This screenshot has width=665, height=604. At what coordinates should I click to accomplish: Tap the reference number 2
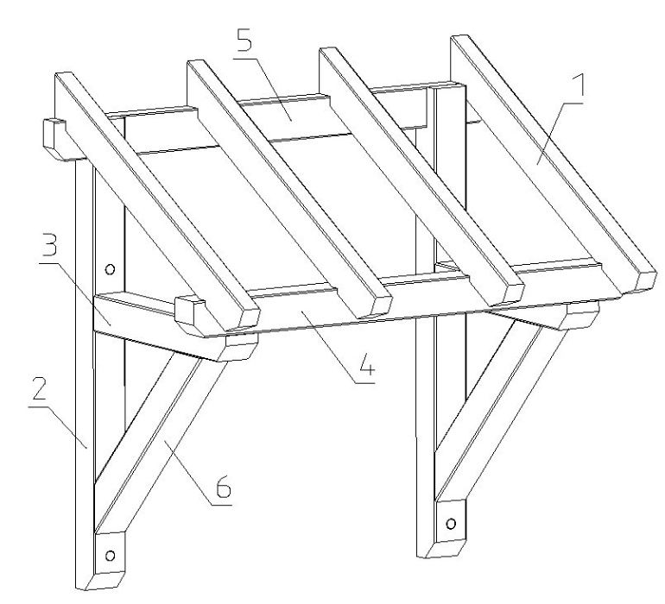tap(39, 388)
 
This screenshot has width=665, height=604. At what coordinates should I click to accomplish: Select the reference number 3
tap(48, 242)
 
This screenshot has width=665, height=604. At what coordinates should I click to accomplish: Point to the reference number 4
tap(366, 363)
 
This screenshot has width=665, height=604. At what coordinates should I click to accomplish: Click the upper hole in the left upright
tap(110, 268)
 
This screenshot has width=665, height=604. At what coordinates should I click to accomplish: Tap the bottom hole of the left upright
tap(110, 556)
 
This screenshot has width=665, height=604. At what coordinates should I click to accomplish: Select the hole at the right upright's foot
tap(451, 524)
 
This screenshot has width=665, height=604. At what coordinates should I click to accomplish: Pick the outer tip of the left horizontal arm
tap(242, 347)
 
